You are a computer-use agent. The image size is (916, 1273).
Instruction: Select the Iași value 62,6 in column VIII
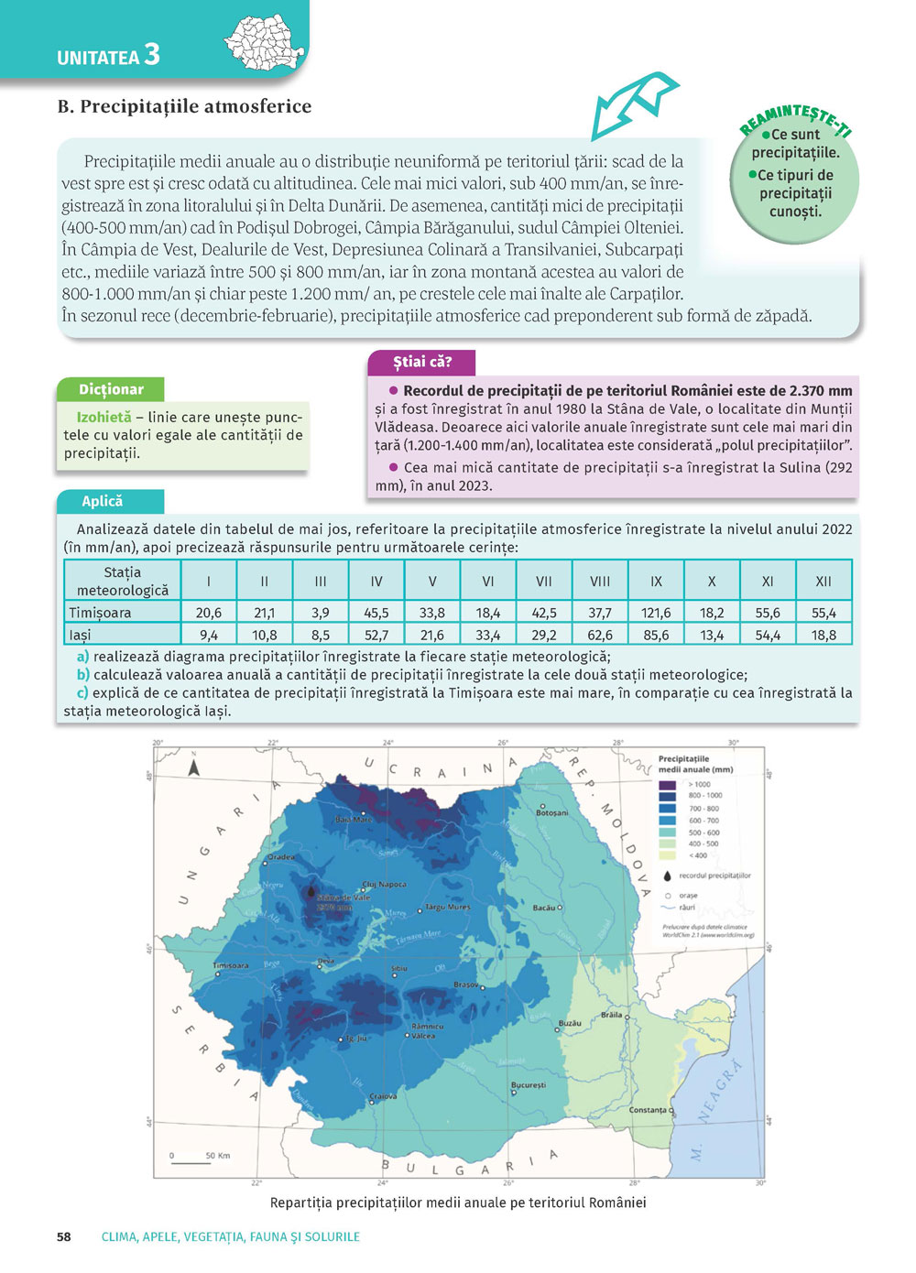coord(600,635)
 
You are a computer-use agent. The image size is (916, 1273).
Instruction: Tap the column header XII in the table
coord(823,581)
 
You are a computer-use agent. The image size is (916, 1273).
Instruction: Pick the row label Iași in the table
coord(81,635)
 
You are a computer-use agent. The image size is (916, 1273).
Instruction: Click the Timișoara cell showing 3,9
coord(321,613)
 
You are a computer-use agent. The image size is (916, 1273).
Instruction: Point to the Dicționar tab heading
coord(111,389)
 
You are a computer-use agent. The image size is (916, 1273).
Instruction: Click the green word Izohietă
coord(104,417)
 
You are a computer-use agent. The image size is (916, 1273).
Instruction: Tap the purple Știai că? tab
coord(422,362)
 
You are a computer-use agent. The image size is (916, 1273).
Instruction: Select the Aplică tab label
coord(103,501)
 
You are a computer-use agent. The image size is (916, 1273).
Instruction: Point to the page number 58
coord(64,1236)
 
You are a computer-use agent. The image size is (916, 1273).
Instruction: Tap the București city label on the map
coord(529,1085)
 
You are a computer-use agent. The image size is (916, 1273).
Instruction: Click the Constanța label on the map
coord(649,1110)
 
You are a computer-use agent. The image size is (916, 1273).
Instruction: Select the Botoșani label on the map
coord(552,813)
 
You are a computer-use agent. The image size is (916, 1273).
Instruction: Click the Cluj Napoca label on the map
coord(385,885)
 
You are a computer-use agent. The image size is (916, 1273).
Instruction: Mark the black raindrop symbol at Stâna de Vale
coord(311,890)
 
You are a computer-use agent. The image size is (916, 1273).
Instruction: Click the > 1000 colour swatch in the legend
coord(668,785)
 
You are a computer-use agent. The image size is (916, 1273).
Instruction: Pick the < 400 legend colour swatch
coord(668,855)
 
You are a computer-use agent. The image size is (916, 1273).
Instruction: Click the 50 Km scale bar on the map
coord(191,1162)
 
